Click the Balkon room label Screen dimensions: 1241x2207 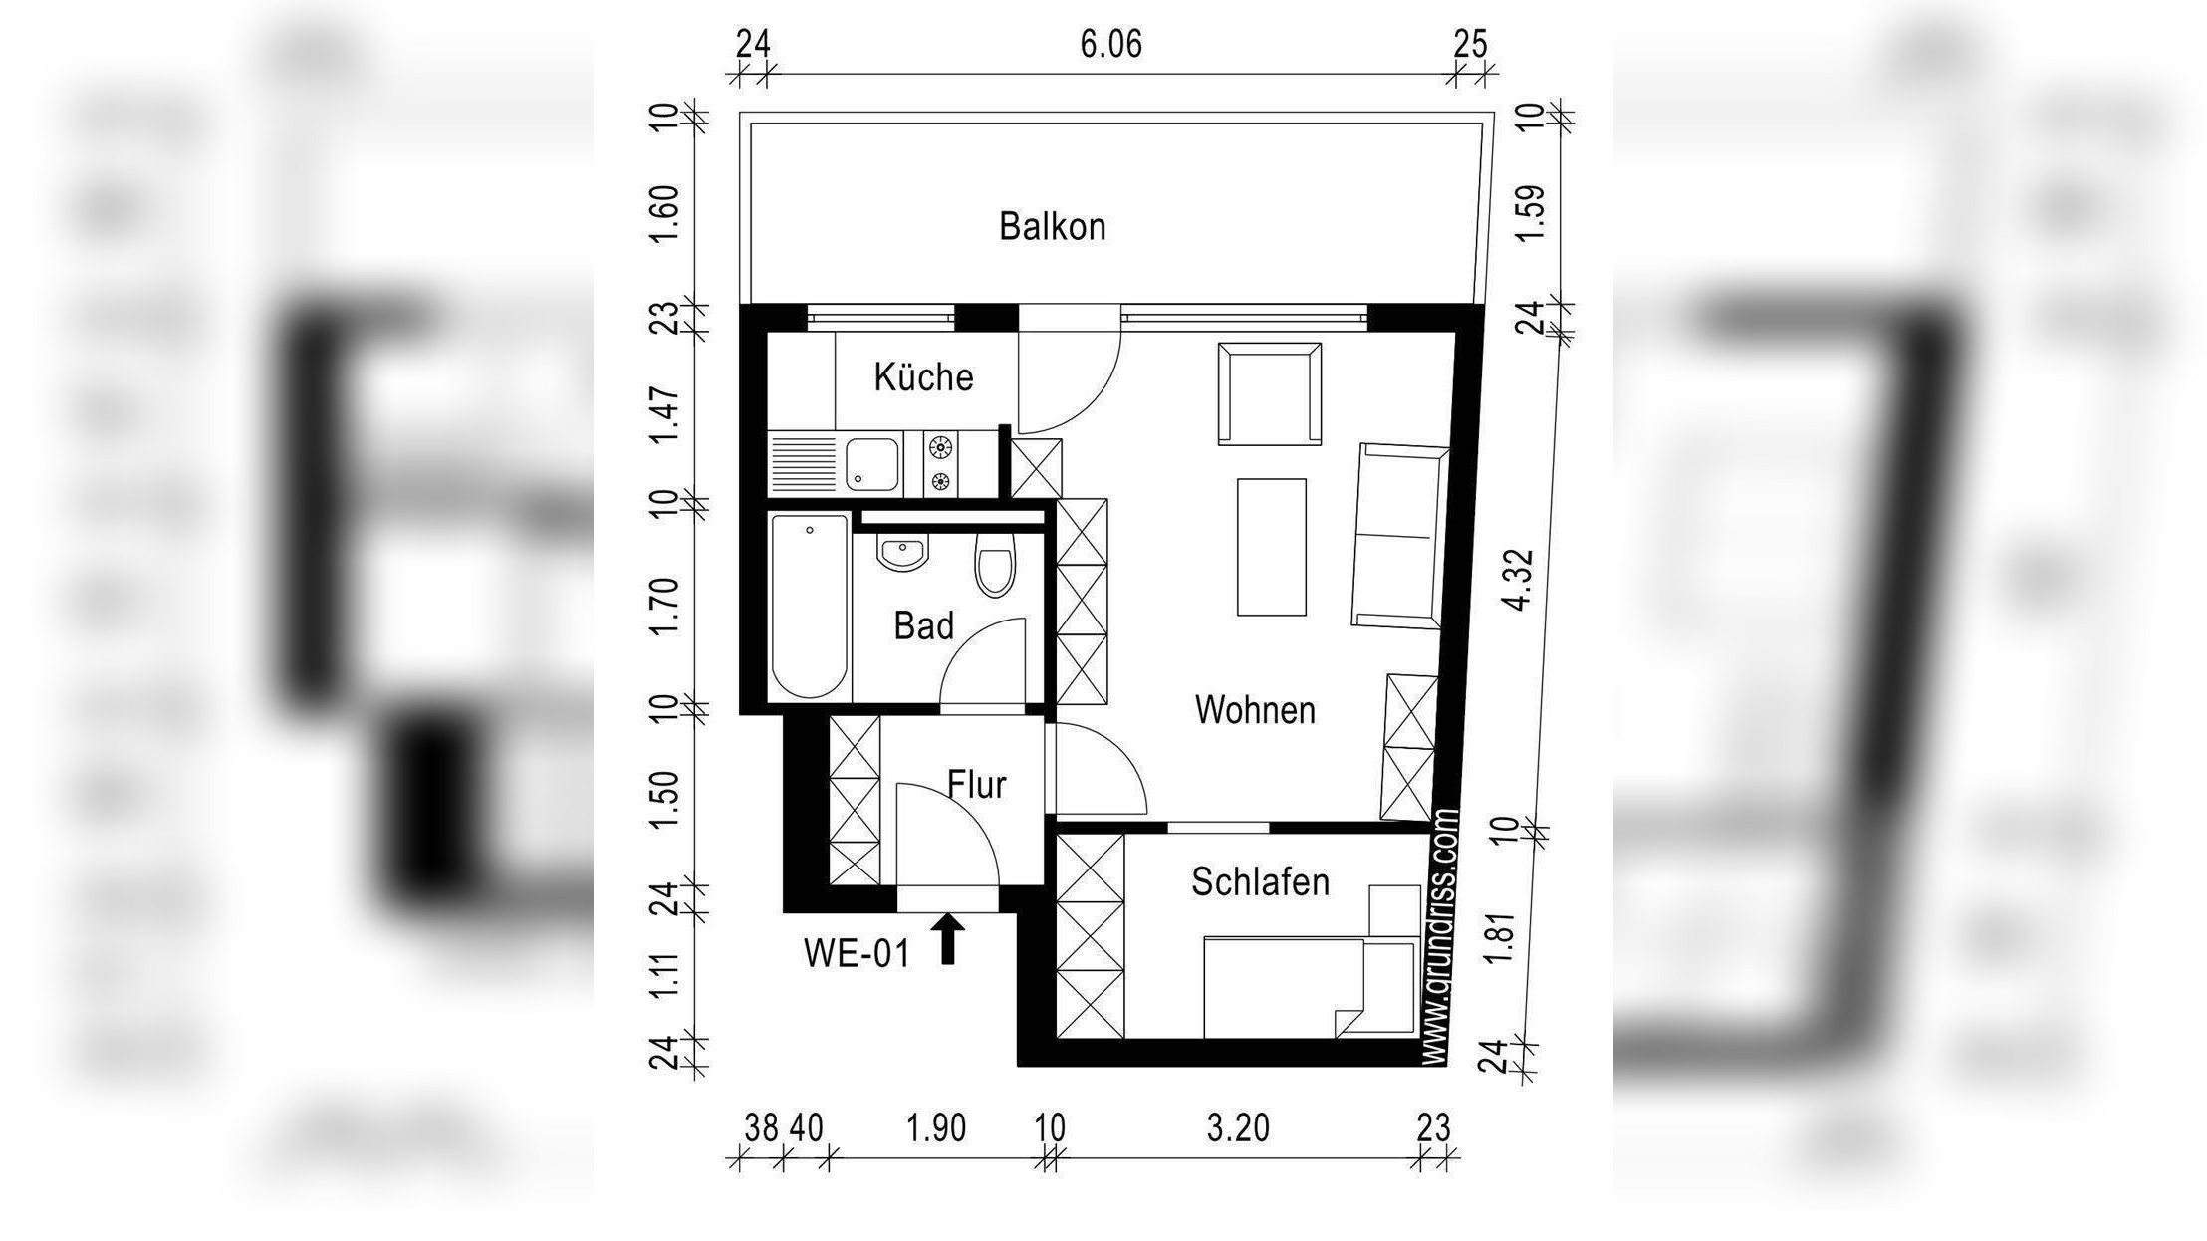tap(1053, 227)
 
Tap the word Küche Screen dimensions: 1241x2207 tap(923, 377)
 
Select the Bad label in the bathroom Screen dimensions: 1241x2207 tap(923, 626)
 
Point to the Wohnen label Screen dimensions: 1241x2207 tap(1255, 710)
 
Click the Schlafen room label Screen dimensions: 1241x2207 tap(1260, 882)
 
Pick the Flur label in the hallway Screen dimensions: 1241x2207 tap(976, 785)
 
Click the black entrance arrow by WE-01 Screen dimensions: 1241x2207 tap(949, 940)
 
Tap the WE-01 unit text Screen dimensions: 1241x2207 tap(857, 955)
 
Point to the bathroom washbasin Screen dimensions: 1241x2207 tap(902, 553)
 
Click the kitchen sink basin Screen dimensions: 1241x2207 tap(872, 464)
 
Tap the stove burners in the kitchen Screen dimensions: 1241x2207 tap(940, 464)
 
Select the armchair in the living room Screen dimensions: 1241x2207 tap(1270, 394)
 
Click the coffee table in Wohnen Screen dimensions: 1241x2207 tap(1272, 547)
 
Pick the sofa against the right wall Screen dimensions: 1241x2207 tap(1399, 537)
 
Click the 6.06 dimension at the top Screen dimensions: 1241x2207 tap(1110, 45)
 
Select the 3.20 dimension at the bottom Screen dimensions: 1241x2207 tap(1238, 1128)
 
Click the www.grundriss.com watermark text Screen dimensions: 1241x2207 tap(1441, 936)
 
